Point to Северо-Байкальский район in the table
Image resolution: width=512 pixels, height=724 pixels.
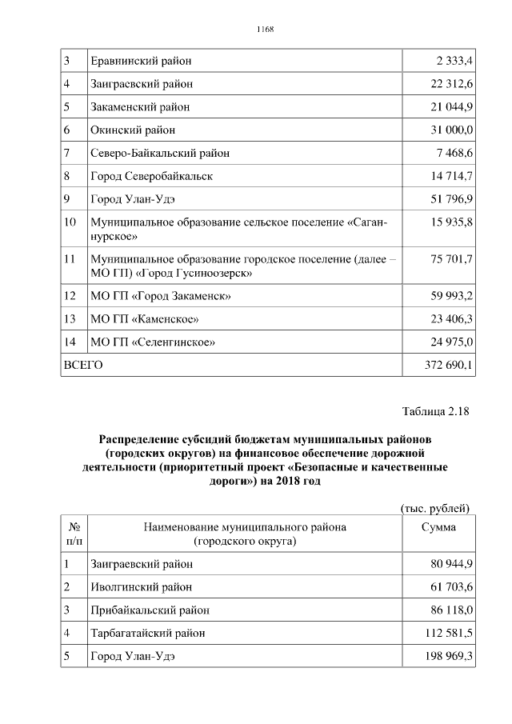(159, 153)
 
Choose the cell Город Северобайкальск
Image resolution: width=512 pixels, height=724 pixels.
(152, 176)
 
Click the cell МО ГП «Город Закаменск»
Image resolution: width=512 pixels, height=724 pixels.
(161, 296)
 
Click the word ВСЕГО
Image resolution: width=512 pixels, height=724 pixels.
(83, 365)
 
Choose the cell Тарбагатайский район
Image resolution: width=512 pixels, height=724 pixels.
(148, 633)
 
